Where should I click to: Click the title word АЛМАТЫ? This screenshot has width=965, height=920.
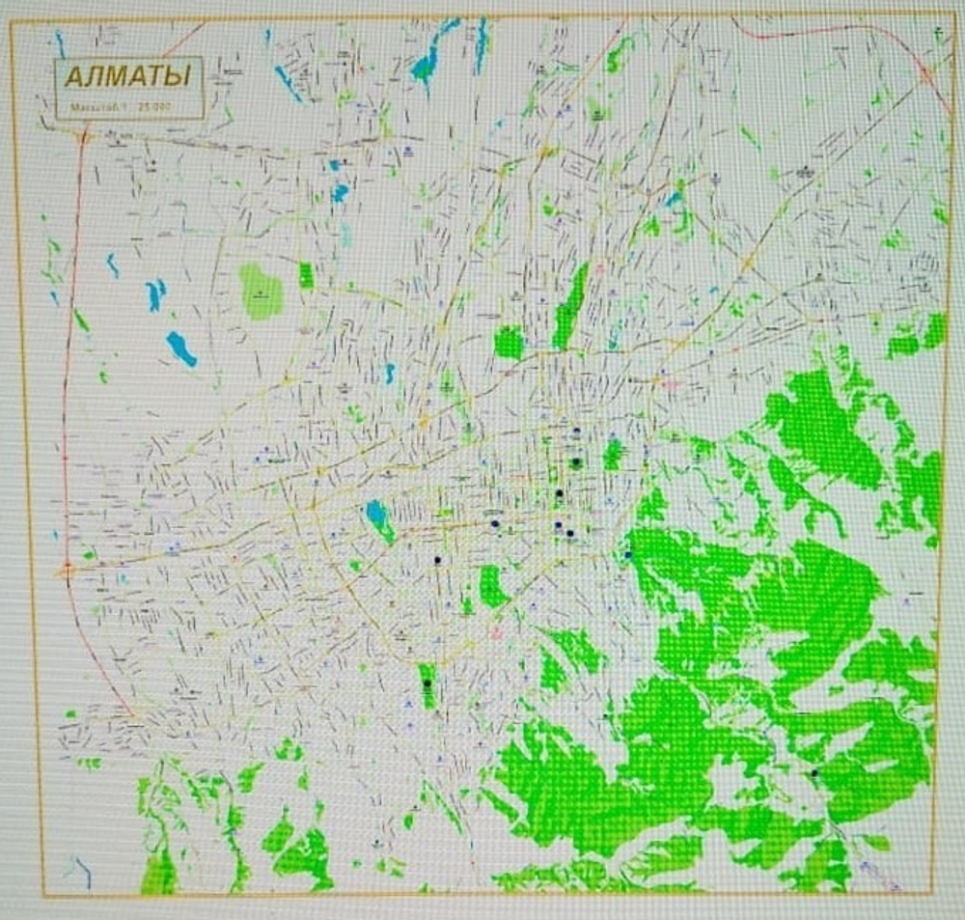[126, 75]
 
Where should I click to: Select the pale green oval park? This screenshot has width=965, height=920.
[262, 292]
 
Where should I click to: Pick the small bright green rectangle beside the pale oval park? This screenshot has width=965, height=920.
[307, 276]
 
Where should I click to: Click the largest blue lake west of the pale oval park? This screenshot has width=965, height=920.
[180, 348]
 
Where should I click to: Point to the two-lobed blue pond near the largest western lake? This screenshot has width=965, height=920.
[154, 293]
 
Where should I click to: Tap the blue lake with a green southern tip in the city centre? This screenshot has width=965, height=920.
[378, 518]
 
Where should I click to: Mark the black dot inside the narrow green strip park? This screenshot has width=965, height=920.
[427, 683]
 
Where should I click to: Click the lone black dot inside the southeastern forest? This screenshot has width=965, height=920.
[815, 772]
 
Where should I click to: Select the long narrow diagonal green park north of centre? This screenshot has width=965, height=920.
[570, 306]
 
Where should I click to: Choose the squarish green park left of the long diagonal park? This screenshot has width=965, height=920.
[509, 343]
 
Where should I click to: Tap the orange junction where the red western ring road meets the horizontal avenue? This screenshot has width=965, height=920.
[67, 570]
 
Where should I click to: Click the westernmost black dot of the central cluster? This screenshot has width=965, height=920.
[437, 560]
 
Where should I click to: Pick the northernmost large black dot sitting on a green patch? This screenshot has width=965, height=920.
[575, 462]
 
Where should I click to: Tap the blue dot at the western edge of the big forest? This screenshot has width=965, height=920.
[628, 554]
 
